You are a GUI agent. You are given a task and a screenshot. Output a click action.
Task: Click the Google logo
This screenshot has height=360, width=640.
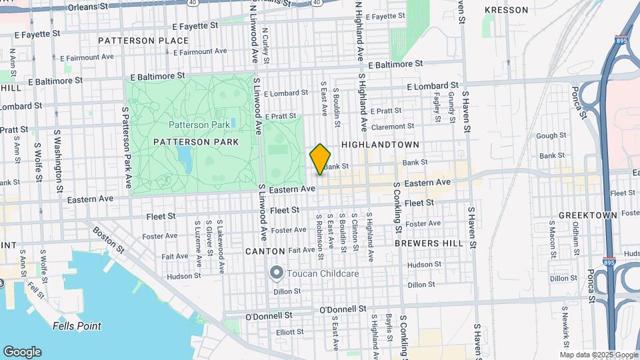22,352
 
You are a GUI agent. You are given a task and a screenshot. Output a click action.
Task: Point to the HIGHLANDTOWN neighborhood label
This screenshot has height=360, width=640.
380,145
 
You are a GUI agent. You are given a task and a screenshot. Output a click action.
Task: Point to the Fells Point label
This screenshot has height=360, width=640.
77,326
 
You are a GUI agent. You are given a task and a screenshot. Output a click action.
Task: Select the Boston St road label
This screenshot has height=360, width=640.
109,238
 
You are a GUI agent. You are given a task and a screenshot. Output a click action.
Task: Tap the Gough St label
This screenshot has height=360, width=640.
551,135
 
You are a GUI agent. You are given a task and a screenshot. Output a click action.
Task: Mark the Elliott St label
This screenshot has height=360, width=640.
291,331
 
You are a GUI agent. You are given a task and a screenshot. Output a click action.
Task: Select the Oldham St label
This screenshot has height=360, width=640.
575,237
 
